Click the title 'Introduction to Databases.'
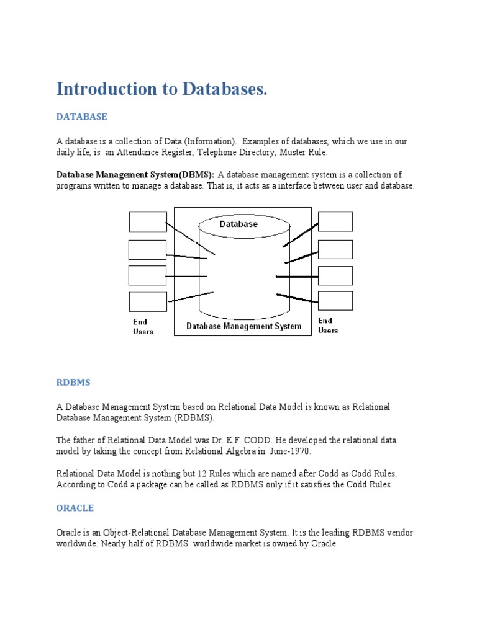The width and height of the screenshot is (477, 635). pos(161,89)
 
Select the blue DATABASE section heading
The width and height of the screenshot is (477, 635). pos(81,117)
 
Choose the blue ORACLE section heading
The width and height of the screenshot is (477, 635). pos(75,508)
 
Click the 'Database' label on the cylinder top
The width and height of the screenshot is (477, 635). pos(238,224)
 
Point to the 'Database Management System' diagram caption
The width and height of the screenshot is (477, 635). pos(244,326)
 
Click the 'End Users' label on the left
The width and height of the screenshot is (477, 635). pos(143,326)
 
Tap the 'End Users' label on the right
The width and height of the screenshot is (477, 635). pos(328,325)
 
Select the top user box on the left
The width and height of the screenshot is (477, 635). pos(147,222)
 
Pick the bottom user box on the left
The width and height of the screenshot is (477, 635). pos(147,301)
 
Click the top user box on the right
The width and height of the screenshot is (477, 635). pos(335,221)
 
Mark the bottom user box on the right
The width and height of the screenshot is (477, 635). pos(335,301)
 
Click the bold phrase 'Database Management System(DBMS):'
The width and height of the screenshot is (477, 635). pos(135,175)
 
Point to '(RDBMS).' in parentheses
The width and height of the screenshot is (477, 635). pos(194,418)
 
